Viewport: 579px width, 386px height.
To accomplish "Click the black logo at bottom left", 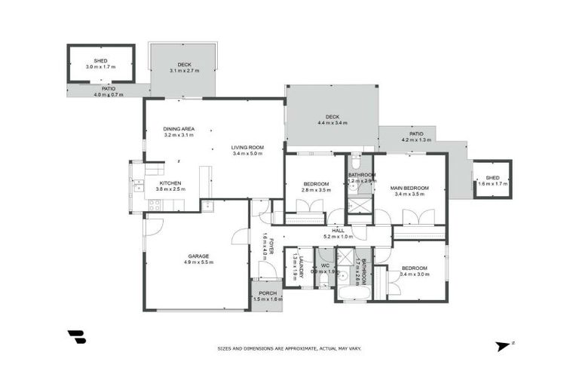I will point(76,337).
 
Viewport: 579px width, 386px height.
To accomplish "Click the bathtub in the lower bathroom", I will point(351,293).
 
